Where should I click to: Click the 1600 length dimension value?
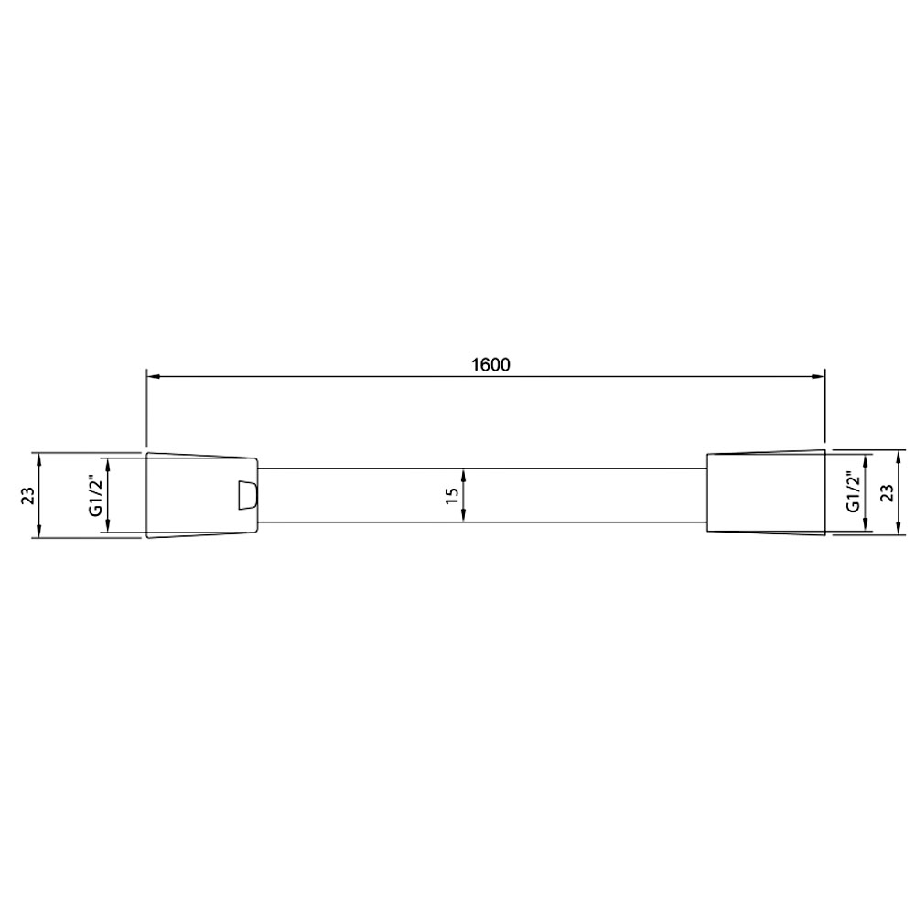[x=490, y=365]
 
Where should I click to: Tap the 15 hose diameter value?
[x=451, y=495]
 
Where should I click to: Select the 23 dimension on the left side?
[x=28, y=495]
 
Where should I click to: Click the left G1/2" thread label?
[x=95, y=495]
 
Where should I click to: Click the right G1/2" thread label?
[x=853, y=492]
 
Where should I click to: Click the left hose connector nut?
[x=202, y=495]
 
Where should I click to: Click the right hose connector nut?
[x=766, y=492]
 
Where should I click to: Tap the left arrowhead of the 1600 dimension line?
[x=153, y=376]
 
